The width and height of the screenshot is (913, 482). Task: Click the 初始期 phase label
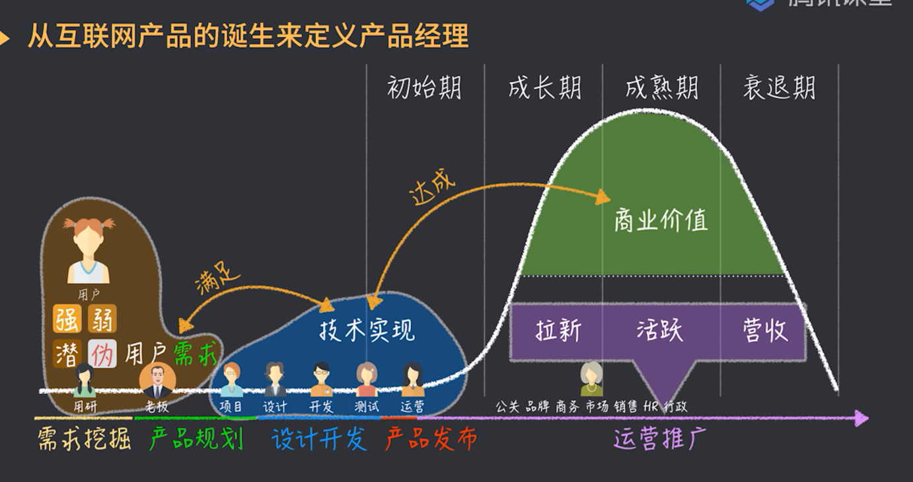pos(424,88)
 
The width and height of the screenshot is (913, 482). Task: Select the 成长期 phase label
pos(544,88)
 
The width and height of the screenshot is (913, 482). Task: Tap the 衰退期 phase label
pos(779,88)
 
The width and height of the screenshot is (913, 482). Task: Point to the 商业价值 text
pos(661,220)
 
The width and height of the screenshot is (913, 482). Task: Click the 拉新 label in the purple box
pos(559,330)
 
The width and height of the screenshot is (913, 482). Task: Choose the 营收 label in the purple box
pos(765,330)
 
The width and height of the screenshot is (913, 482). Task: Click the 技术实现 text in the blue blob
pos(367,329)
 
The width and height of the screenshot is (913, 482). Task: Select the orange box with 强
pos(67,319)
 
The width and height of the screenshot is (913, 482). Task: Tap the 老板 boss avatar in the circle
pos(157,381)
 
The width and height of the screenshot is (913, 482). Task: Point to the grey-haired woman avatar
pos(591,379)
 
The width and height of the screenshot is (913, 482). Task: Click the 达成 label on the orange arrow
pos(433,190)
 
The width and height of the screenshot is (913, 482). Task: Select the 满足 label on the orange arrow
pos(217,281)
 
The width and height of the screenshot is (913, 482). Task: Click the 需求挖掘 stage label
pos(84,439)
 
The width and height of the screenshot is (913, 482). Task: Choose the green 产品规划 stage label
pos(196,439)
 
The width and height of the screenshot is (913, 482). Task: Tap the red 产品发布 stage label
pos(431,439)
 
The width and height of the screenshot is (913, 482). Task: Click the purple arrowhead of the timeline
pos(861,418)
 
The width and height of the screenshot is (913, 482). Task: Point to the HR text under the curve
pos(651,407)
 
